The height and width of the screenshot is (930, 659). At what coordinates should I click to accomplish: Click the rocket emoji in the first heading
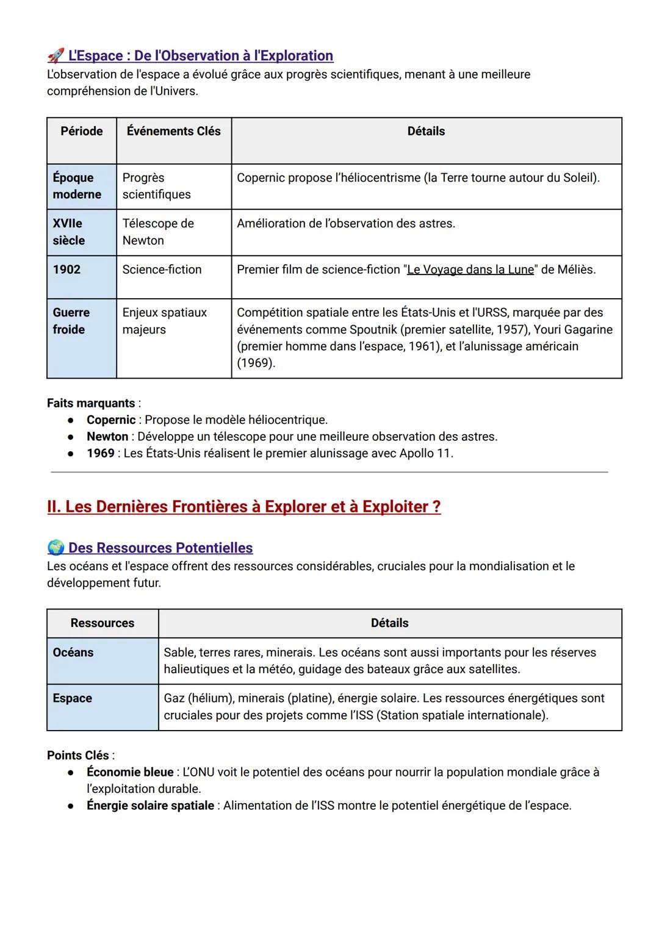click(55, 56)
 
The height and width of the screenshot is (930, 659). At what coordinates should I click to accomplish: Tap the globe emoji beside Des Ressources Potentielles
click(56, 548)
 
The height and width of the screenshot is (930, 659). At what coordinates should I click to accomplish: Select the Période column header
click(82, 131)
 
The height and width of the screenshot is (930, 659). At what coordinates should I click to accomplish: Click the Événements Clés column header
click(173, 131)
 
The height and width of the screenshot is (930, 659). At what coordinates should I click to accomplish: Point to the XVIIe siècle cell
click(68, 232)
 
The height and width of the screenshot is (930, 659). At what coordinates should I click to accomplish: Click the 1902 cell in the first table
click(67, 270)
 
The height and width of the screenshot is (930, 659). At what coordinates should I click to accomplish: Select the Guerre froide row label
click(71, 321)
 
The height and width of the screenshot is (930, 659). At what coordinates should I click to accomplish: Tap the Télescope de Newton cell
click(158, 232)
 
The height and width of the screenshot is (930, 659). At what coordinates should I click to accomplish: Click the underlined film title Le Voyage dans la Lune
click(470, 270)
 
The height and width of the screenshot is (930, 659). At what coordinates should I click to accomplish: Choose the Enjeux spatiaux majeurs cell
click(164, 321)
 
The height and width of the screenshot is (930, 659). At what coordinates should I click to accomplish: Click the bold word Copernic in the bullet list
click(111, 420)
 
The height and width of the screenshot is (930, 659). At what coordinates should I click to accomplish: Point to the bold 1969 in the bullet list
click(100, 454)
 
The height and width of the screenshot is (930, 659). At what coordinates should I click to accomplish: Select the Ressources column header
click(102, 623)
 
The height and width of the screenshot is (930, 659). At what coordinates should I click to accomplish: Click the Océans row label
click(73, 653)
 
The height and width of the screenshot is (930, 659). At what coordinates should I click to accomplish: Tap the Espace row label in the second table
click(72, 698)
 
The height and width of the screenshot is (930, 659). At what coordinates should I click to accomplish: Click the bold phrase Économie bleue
click(130, 772)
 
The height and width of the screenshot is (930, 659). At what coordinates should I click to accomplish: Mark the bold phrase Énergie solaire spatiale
click(150, 806)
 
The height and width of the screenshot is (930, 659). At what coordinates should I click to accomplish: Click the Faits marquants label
click(91, 403)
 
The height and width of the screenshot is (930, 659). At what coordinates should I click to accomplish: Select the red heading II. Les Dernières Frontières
click(243, 507)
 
